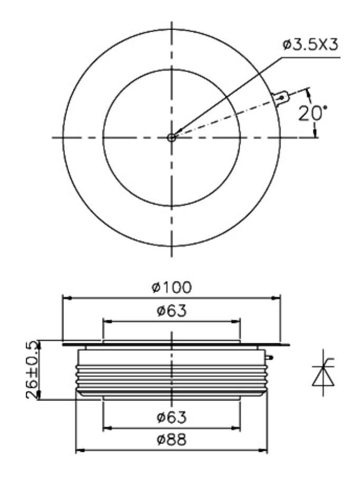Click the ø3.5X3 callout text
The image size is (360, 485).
310,45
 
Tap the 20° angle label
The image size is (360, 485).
312,113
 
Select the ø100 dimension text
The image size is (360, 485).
172,287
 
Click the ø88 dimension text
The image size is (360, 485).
172,440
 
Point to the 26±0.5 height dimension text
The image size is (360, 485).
33,370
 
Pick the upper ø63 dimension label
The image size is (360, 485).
172,311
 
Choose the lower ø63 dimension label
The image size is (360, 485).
172,417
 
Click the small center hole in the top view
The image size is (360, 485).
172,138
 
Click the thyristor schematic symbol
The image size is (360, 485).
323,373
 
